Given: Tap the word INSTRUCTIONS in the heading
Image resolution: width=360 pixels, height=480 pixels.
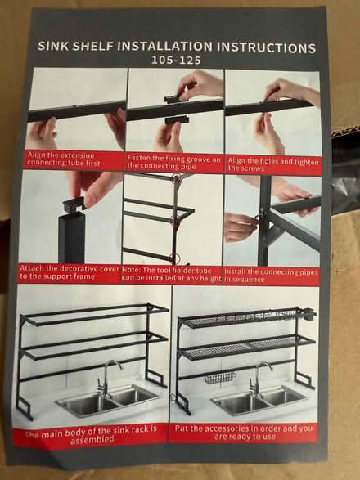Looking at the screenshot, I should click(264, 47).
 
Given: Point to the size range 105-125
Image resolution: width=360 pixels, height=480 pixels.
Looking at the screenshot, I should click(174, 61).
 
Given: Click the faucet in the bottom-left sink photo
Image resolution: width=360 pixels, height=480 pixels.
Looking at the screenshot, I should click(107, 375).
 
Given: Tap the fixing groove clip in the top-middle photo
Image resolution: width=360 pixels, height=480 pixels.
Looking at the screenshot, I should click(171, 100).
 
